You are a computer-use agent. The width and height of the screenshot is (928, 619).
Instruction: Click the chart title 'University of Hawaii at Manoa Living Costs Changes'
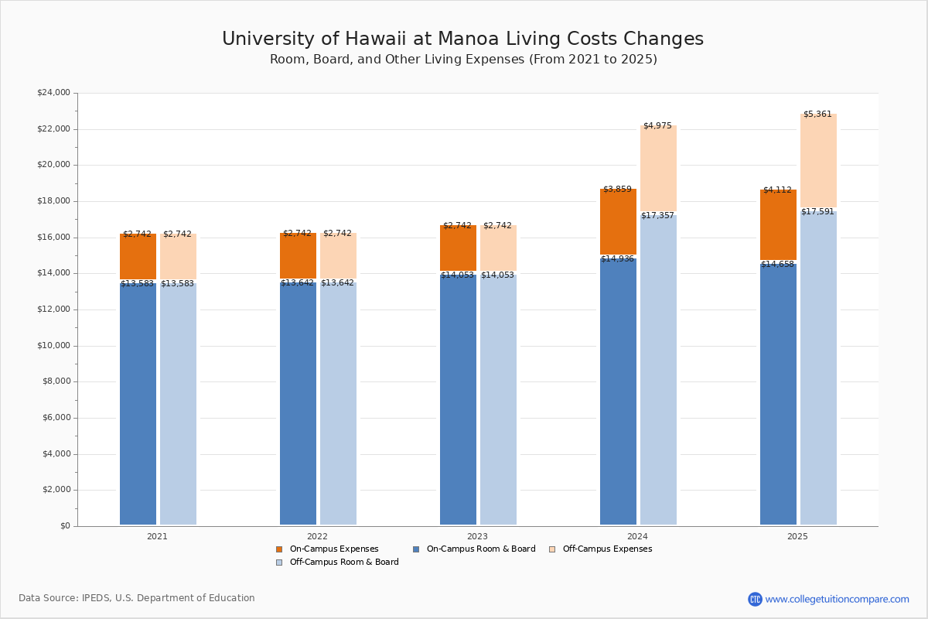click(462, 39)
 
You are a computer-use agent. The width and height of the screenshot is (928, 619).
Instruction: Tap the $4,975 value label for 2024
click(657, 126)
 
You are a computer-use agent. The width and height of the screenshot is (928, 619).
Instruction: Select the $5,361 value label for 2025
click(817, 115)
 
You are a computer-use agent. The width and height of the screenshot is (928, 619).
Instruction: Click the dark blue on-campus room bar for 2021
click(138, 402)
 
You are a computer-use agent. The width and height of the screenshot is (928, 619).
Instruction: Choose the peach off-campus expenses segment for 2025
click(818, 162)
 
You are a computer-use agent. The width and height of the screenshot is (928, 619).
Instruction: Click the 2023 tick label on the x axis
click(477, 536)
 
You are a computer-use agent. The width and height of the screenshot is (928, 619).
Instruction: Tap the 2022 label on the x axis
click(317, 536)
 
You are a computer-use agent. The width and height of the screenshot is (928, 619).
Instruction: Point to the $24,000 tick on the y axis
click(53, 93)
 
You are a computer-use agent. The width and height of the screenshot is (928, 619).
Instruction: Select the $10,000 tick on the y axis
click(53, 346)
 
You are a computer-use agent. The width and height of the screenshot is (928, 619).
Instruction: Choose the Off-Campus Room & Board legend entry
click(343, 563)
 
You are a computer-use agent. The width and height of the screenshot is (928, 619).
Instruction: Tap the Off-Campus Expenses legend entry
click(606, 549)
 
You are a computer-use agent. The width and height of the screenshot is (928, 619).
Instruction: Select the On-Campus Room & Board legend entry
click(480, 549)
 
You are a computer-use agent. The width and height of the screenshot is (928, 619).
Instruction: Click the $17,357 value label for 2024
click(657, 216)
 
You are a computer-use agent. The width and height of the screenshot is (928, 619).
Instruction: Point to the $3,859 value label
click(617, 190)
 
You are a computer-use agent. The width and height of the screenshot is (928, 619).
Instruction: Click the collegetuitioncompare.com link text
click(837, 599)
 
